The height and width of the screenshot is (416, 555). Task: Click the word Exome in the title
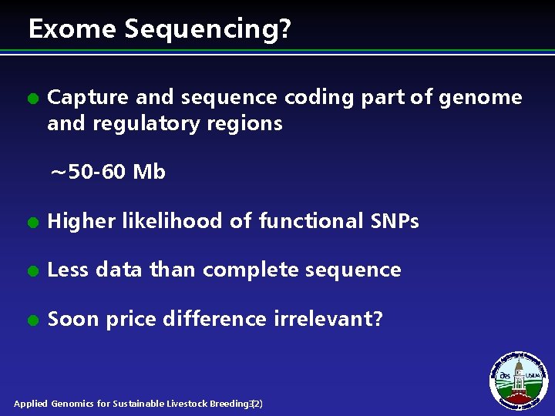click(72, 29)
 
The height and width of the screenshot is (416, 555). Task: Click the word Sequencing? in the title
click(208, 29)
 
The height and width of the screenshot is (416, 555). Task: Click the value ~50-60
click(88, 172)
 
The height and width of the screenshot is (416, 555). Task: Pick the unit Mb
click(149, 172)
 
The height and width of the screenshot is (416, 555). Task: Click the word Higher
click(80, 222)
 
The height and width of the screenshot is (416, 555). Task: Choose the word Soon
click(73, 319)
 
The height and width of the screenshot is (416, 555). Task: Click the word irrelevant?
click(324, 319)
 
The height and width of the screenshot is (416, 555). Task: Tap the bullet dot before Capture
click(32, 99)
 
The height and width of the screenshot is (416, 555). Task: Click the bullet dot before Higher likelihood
click(32, 223)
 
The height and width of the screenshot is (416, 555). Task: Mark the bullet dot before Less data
click(32, 271)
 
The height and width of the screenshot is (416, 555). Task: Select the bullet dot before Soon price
click(32, 320)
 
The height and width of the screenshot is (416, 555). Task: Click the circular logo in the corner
click(519, 380)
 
